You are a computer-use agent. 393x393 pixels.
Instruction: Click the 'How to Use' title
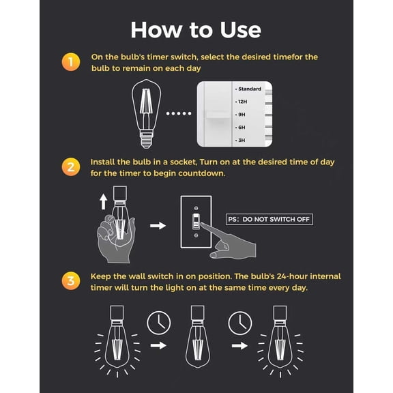(196, 29)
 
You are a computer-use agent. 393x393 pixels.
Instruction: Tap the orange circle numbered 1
(70, 63)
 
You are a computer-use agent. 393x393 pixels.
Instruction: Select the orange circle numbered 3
(70, 281)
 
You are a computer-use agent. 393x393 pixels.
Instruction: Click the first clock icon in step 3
(158, 320)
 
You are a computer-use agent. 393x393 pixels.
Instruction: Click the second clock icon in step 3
(240, 320)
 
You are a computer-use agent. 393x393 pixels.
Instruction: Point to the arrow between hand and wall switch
(158, 224)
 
